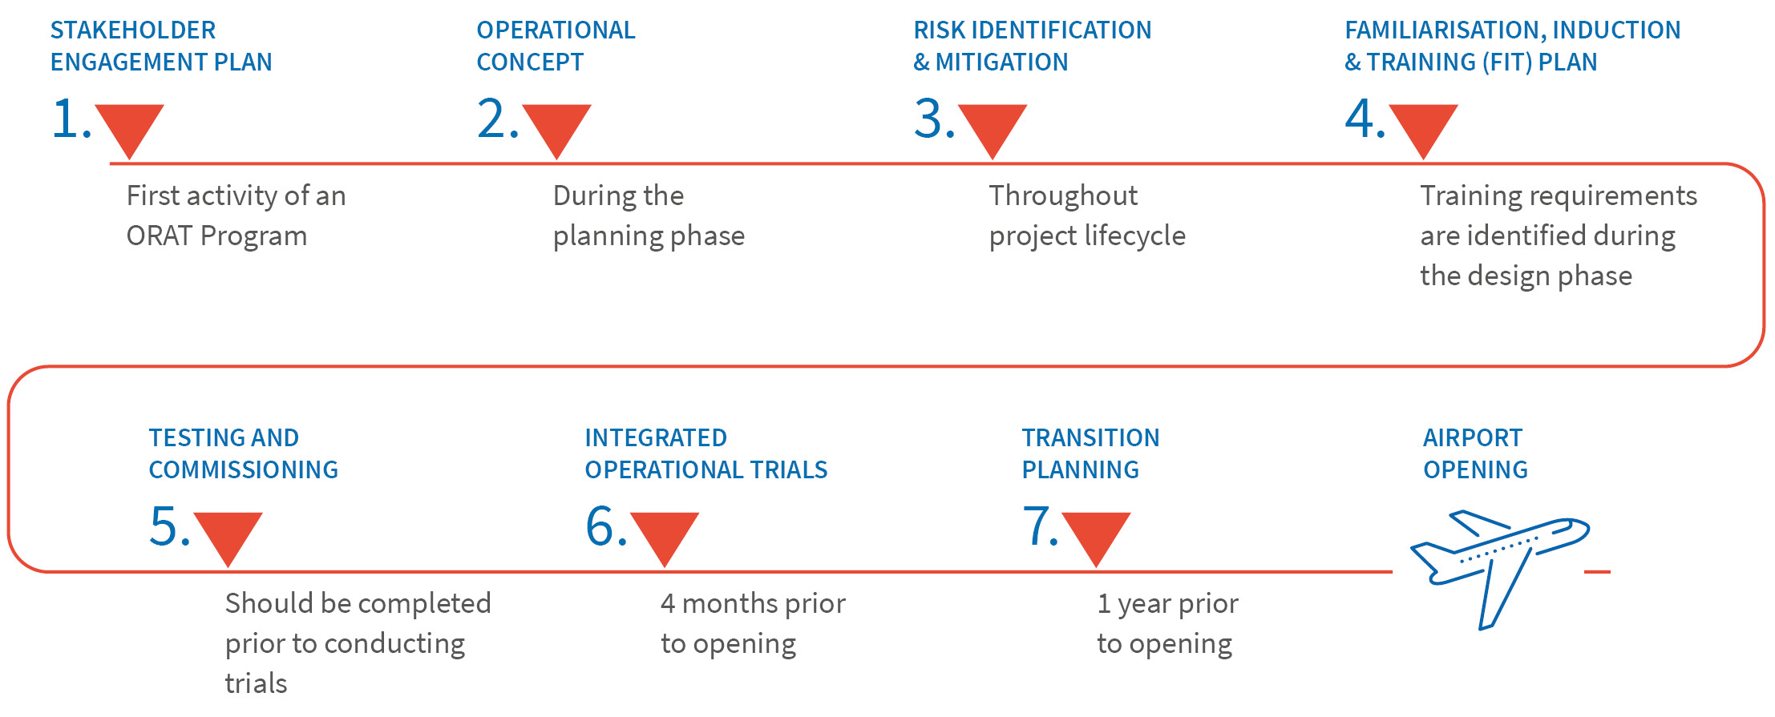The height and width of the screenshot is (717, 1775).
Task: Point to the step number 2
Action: (498, 119)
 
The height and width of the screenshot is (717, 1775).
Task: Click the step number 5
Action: (170, 527)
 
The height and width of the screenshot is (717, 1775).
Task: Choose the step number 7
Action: (1041, 527)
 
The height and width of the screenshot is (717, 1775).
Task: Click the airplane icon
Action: (1500, 568)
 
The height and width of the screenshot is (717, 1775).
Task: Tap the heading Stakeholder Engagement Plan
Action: (161, 46)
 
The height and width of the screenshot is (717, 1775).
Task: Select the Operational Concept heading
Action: (556, 46)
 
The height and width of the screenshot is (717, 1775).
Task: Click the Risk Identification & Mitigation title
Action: (1033, 46)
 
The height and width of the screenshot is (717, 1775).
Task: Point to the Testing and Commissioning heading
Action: (244, 453)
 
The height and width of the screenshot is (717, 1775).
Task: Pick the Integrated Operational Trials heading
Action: (706, 453)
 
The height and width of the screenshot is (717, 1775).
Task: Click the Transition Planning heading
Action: (1091, 453)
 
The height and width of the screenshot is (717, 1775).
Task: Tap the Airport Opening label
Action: (1476, 453)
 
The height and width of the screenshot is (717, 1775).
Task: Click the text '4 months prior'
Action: (753, 603)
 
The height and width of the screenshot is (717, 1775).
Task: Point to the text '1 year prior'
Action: (1167, 603)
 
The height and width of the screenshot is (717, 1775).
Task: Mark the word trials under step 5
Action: (256, 683)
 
